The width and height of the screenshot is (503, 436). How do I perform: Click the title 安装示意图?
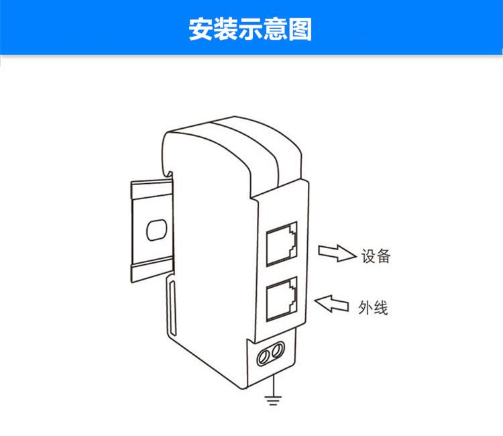point(251,29)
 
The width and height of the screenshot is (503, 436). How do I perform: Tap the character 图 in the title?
point(301,29)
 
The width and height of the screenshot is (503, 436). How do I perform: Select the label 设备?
point(376,256)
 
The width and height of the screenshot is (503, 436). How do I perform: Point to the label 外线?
point(374,308)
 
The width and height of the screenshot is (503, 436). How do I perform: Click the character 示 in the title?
point(251,29)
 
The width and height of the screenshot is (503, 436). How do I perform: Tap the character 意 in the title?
point(276,29)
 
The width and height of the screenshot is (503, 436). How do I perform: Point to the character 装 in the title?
point(225,29)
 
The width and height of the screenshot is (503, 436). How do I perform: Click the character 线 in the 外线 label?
point(381,308)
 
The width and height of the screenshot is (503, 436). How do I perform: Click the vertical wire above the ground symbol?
point(272,388)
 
